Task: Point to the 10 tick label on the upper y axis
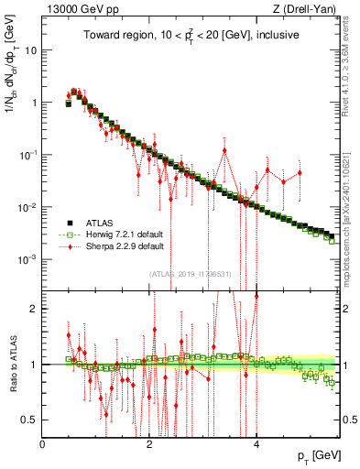[x=31, y=50]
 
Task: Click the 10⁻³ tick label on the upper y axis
[x=27, y=259]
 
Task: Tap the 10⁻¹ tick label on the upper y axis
[x=27, y=155]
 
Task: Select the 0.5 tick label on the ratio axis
[x=29, y=420]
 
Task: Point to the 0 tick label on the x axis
[x=43, y=443]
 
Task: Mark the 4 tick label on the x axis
[x=256, y=443]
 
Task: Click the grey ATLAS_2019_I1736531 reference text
[x=191, y=273]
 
